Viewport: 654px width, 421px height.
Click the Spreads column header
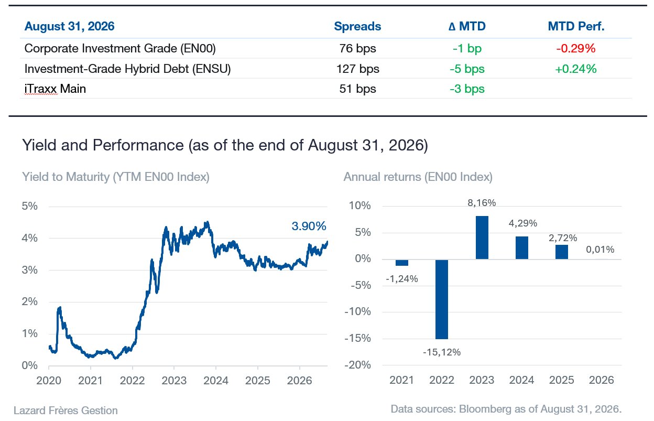357,27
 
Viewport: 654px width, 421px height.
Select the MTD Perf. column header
576,26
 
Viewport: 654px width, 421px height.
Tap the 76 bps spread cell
357,49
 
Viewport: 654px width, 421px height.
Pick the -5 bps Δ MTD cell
467,69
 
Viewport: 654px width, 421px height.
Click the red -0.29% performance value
576,49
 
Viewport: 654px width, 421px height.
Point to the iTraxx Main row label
55,89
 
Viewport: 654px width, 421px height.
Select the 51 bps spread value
357,89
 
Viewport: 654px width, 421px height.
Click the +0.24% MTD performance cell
576,69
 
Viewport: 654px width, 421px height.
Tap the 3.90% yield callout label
309,226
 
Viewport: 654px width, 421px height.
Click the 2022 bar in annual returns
441,299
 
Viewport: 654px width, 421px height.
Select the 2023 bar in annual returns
482,238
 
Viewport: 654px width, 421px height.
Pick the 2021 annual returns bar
402,263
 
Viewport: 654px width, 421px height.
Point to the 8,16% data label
482,203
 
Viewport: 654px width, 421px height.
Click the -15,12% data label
442,352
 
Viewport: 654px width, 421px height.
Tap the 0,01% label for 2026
600,250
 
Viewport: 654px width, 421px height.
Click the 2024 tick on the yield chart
216,381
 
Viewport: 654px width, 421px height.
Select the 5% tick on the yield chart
29,206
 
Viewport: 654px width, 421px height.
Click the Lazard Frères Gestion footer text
66,411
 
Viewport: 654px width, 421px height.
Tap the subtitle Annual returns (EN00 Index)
418,177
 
